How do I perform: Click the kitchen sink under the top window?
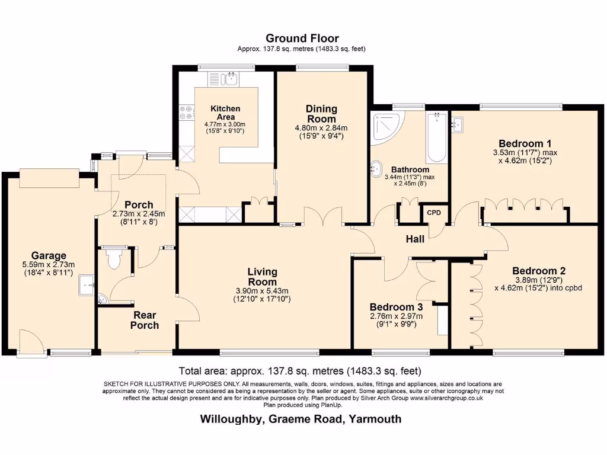coord(222,78)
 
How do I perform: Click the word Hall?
coord(414,239)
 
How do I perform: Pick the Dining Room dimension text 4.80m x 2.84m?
coord(321,127)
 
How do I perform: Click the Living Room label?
coord(262,277)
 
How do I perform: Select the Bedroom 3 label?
coord(396,307)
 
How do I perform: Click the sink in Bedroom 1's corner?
coord(456,124)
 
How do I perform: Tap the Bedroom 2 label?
coord(539,271)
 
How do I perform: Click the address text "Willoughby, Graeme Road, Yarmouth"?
coord(301,419)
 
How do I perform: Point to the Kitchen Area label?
coord(225,113)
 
